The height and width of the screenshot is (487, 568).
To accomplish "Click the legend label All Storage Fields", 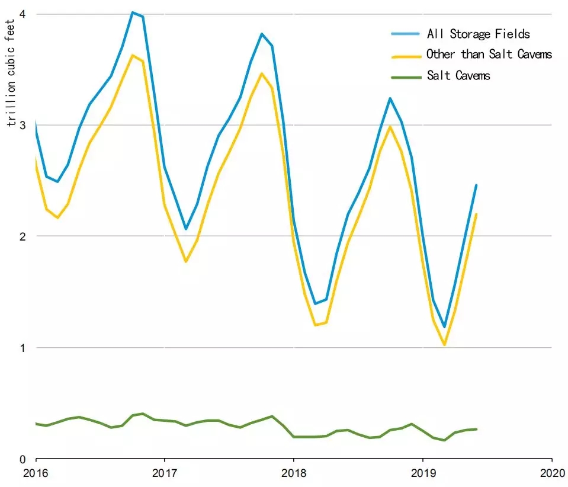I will (478, 34).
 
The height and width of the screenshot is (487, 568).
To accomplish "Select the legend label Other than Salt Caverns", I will (489, 55).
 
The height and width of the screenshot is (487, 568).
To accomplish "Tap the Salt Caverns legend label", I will (458, 75).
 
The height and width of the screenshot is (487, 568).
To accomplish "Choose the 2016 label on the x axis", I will (36, 473).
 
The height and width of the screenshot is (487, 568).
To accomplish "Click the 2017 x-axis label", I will (164, 473).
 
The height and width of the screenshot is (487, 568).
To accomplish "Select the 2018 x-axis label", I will (293, 473).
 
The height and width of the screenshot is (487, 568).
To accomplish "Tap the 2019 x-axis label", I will (422, 473).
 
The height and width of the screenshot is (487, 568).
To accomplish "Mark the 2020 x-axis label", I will (551, 473).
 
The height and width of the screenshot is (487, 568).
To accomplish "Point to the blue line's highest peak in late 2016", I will (133, 12).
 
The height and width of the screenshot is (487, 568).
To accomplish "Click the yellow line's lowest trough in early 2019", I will (444, 344).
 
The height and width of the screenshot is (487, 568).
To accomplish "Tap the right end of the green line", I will (476, 429).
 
